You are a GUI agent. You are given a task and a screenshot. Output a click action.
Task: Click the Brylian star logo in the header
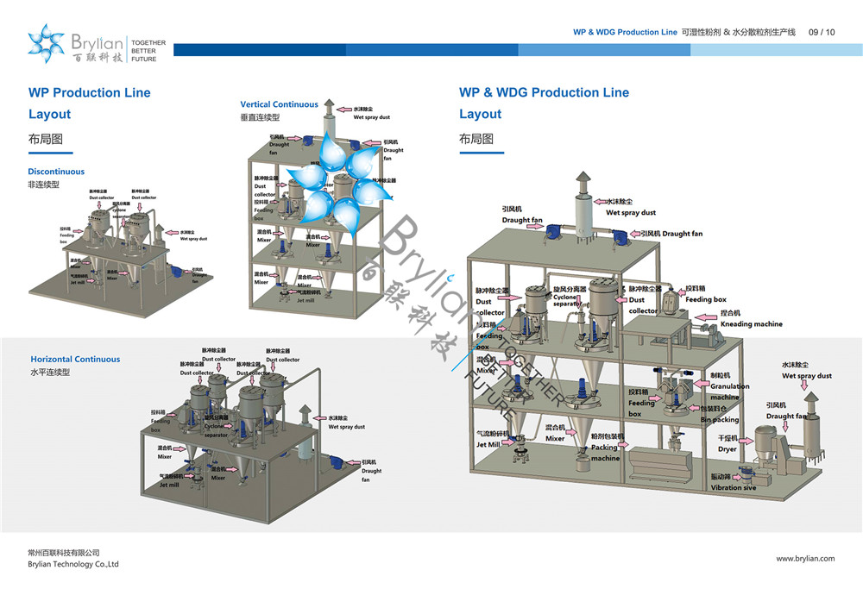point(47,43)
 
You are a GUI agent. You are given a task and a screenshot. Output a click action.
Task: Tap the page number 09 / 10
point(821,32)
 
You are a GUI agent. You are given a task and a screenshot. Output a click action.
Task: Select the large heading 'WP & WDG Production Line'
point(544,92)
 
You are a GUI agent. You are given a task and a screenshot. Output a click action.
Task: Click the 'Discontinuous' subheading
point(56,172)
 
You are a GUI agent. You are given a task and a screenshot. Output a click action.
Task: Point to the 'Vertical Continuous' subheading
point(279,104)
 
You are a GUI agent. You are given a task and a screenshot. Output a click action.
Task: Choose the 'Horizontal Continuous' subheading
point(75,359)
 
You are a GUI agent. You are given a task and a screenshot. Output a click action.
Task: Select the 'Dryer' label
point(727,448)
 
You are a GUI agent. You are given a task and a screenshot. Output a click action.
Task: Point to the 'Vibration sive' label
point(734,487)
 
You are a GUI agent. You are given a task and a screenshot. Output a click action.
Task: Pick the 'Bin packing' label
point(719,420)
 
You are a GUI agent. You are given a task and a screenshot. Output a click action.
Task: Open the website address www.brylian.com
point(805,558)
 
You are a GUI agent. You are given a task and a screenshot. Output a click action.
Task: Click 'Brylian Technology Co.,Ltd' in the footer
point(73,564)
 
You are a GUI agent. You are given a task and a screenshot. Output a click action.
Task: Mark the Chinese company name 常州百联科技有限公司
point(64,552)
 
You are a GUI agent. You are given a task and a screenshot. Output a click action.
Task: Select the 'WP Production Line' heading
point(89,92)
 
